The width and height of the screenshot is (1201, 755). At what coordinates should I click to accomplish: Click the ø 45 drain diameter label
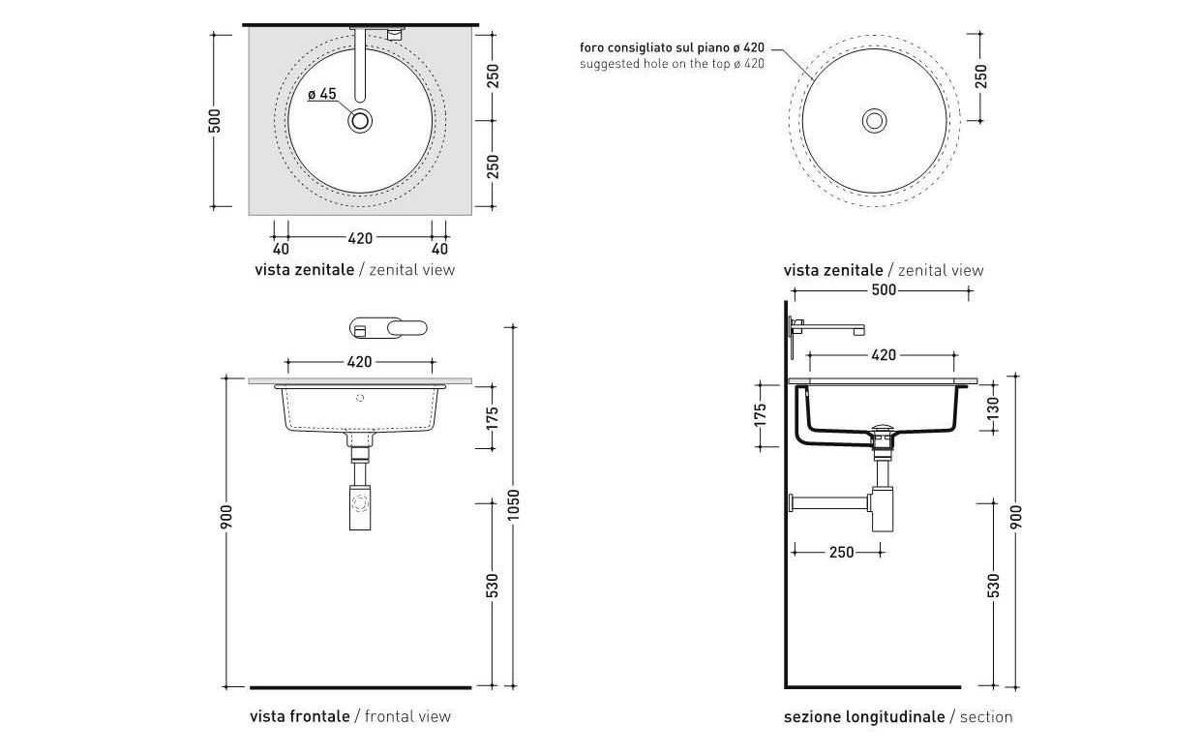[x=322, y=95]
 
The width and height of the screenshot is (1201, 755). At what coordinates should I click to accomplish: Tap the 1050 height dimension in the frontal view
[x=514, y=504]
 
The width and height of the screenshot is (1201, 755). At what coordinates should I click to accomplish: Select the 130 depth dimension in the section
[x=993, y=408]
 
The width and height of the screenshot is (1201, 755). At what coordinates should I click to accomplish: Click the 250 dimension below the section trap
[x=841, y=553]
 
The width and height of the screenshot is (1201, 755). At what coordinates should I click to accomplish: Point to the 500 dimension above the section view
[x=884, y=290]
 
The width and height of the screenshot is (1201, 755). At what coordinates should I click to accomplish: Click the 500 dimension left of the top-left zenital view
[x=215, y=121]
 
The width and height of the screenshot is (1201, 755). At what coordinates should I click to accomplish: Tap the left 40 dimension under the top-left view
[x=281, y=250]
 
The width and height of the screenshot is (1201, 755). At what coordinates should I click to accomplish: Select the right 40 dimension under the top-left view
[x=439, y=250]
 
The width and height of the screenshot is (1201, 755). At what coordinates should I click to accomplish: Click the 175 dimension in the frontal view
[x=493, y=418]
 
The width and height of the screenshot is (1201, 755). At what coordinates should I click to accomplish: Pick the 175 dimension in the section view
[x=761, y=415]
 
